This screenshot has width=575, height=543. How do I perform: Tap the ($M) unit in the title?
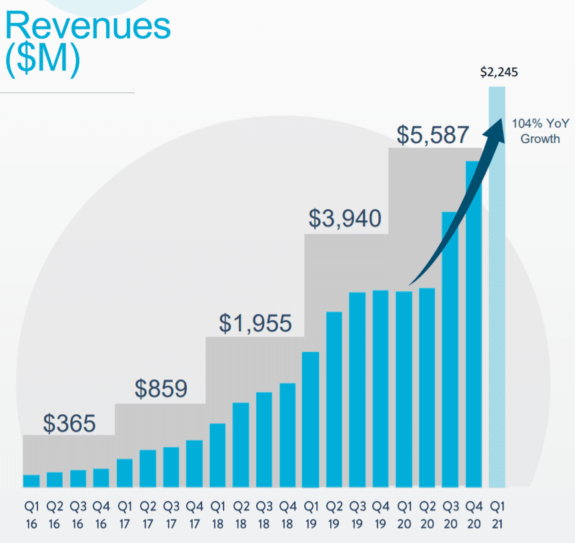click(x=42, y=61)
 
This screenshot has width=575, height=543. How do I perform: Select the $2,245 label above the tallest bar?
click(x=499, y=73)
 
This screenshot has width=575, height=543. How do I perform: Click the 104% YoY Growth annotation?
click(x=536, y=131)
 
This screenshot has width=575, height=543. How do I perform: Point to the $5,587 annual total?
click(x=433, y=135)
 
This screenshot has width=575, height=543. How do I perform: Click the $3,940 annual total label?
click(x=345, y=218)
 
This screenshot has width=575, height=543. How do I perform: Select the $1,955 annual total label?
click(x=255, y=323)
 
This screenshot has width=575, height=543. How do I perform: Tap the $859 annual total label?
click(x=161, y=389)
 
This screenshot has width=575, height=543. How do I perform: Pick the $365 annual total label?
click(x=69, y=423)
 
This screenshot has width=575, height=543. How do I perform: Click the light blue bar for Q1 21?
click(x=497, y=301)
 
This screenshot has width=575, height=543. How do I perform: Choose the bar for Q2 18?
click(x=241, y=445)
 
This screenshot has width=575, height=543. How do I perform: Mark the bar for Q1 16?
click(x=31, y=481)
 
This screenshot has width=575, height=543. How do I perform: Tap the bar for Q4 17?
click(x=194, y=464)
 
